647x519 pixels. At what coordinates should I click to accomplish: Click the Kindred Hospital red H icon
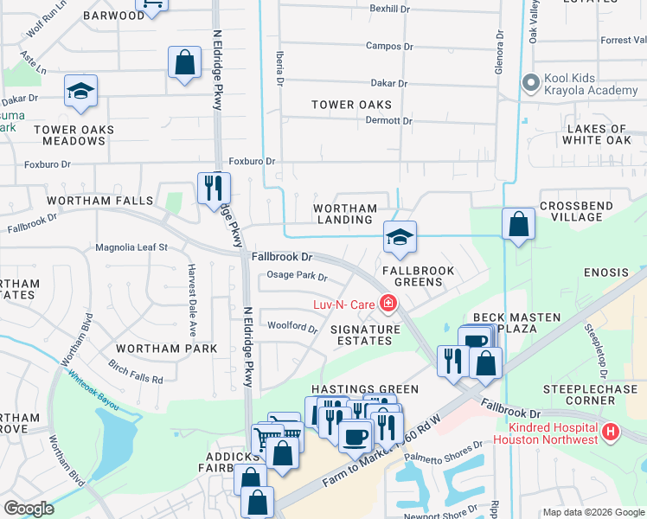coord(611,431)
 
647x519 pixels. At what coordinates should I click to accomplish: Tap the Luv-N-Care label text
coord(346,303)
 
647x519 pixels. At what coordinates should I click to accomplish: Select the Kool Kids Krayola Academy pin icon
coord(530,84)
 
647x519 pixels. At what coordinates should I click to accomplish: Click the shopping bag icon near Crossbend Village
coord(518,223)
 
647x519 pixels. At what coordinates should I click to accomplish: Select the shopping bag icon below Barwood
coord(184,62)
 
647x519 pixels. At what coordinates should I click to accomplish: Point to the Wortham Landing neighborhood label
coord(345,214)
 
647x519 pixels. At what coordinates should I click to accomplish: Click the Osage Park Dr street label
coord(297,277)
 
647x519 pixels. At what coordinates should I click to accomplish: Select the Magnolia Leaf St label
coord(131,247)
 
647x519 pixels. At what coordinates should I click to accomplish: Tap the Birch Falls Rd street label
coord(135,375)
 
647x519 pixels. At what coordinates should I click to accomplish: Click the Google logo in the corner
coord(29,508)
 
